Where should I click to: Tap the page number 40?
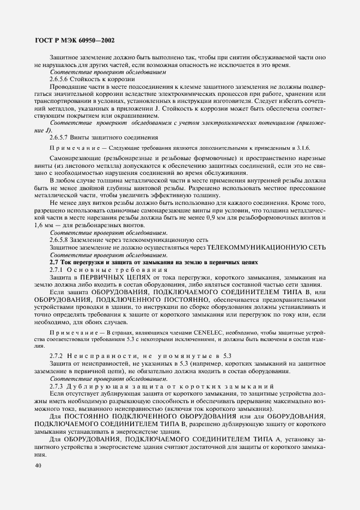point(38,465)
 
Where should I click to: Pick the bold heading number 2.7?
point(54,262)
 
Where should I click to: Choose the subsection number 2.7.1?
point(57,270)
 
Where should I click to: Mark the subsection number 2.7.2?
point(57,355)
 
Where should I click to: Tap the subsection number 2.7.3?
point(57,386)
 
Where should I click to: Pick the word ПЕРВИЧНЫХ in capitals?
point(104,278)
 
